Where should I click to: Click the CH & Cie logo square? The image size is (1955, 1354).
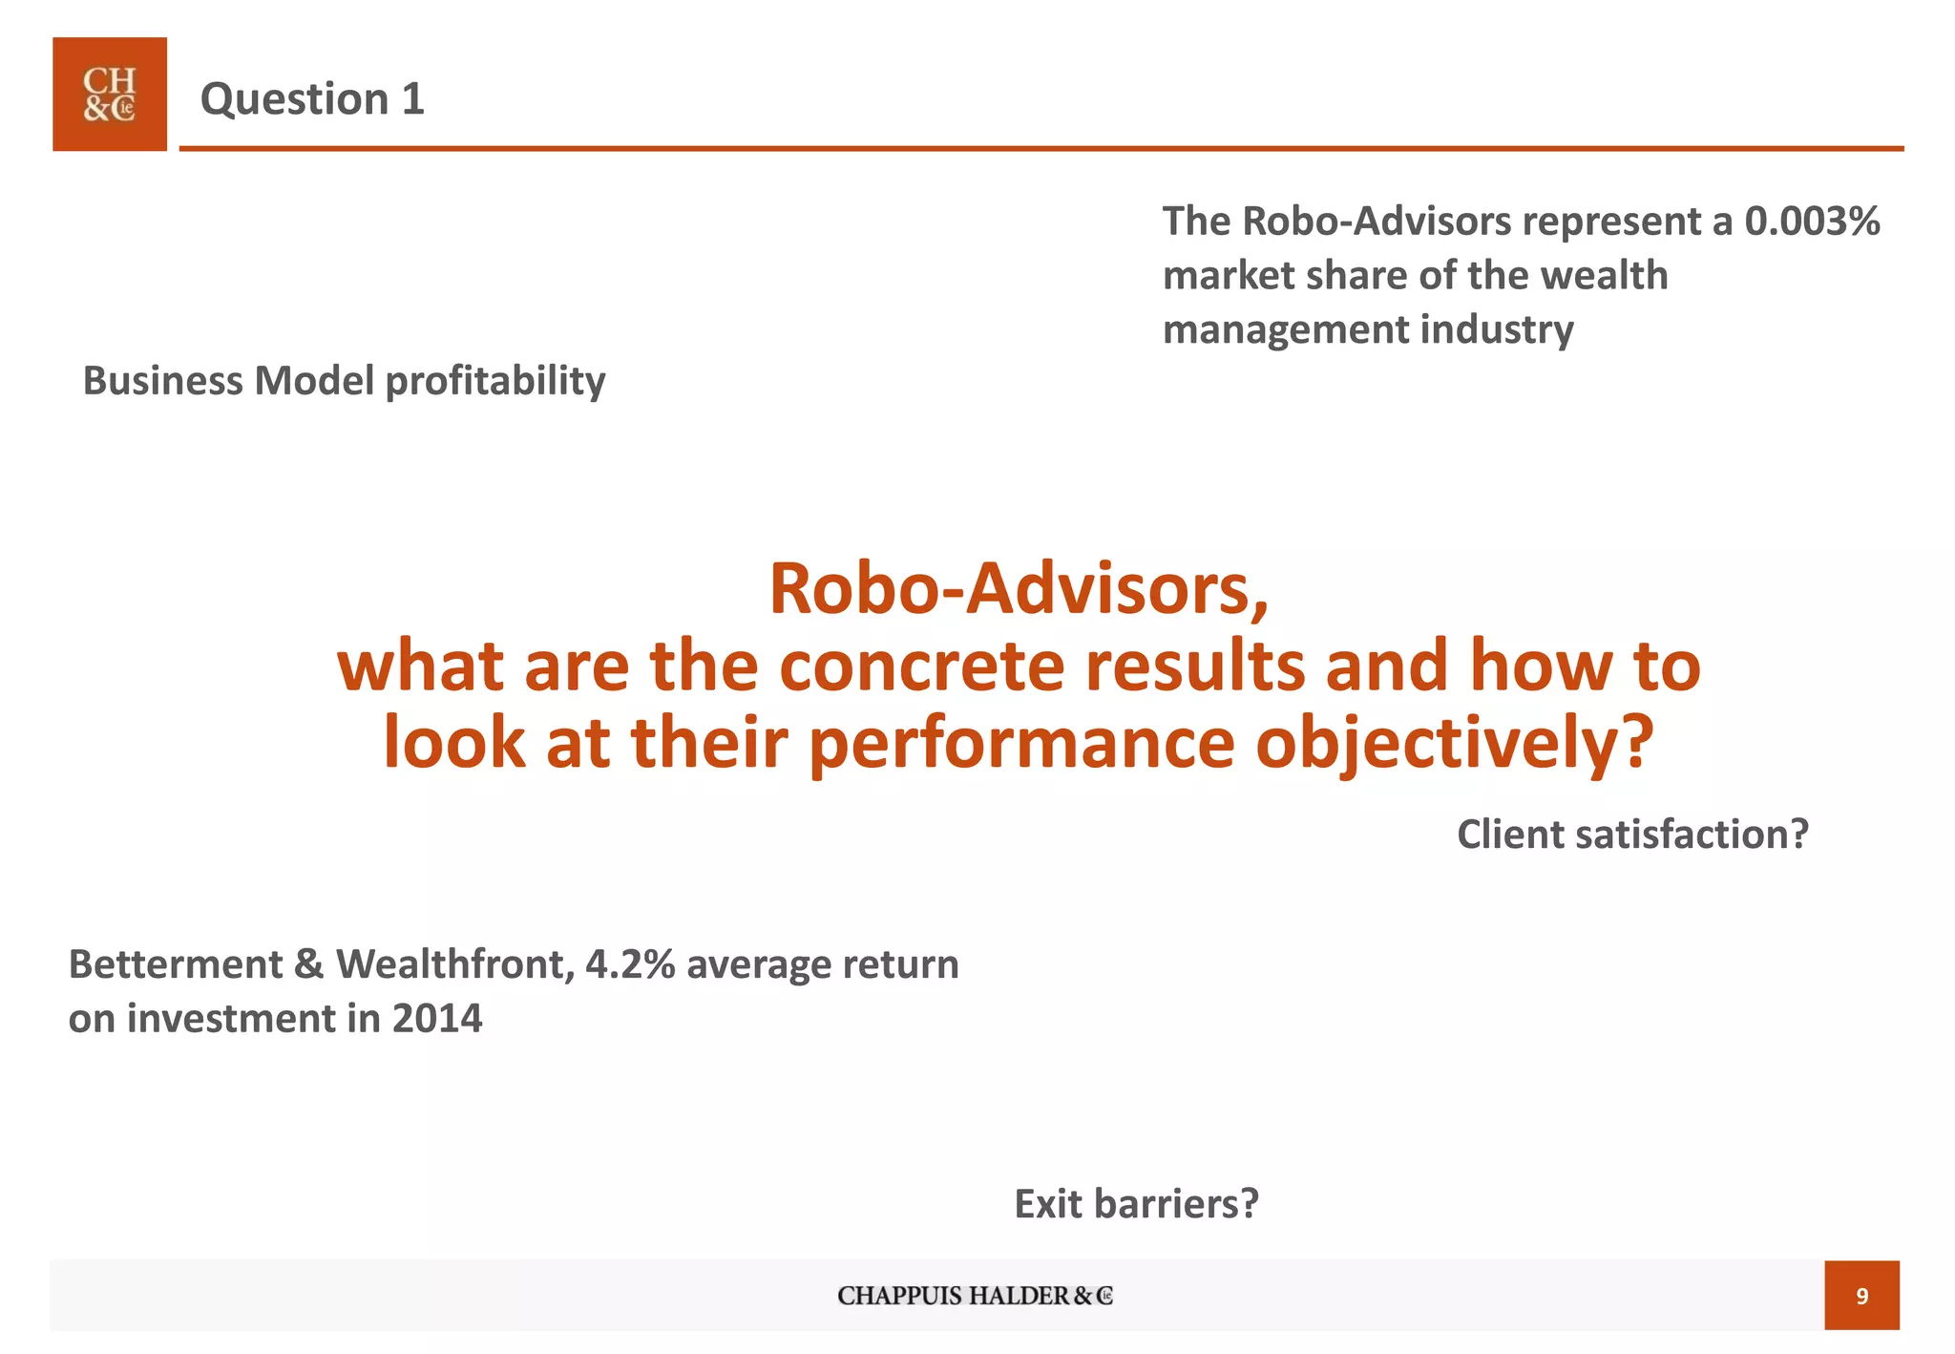109,95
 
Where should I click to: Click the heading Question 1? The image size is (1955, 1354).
312,99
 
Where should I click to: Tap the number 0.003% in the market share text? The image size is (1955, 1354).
1812,222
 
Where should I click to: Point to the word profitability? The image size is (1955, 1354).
495,381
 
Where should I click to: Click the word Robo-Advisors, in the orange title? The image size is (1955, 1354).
1019,589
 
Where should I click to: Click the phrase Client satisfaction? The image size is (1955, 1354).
1632,835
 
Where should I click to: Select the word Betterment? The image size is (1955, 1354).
176,964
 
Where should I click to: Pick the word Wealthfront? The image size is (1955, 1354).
454,964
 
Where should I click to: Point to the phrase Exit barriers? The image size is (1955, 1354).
1136,1204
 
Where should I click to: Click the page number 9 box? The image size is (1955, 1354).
1860,1296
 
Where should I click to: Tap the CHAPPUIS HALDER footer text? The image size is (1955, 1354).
975,1296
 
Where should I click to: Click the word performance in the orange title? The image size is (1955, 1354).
1021,744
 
